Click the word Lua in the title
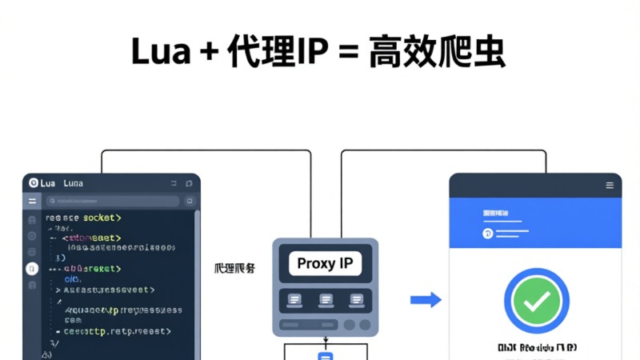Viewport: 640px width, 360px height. click(x=160, y=52)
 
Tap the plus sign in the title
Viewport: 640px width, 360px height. click(x=210, y=54)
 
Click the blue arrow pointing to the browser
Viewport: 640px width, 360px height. click(x=426, y=300)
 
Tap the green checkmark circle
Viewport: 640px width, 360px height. click(x=536, y=301)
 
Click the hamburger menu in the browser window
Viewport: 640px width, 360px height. click(x=610, y=186)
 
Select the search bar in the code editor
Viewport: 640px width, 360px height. click(x=112, y=202)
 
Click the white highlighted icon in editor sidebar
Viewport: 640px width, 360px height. click(x=32, y=269)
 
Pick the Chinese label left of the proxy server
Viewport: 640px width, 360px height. click(x=235, y=269)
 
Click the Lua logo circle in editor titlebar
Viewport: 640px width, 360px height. click(x=33, y=183)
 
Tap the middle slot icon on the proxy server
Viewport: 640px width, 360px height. click(x=326, y=300)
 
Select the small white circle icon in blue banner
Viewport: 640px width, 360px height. click(x=486, y=234)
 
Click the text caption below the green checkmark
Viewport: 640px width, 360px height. click(x=537, y=348)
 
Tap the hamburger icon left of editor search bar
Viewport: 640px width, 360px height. click(x=32, y=202)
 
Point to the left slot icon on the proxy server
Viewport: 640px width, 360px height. click(x=294, y=300)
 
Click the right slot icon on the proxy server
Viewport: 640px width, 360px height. click(x=357, y=300)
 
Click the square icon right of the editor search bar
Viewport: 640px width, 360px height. click(x=190, y=202)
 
